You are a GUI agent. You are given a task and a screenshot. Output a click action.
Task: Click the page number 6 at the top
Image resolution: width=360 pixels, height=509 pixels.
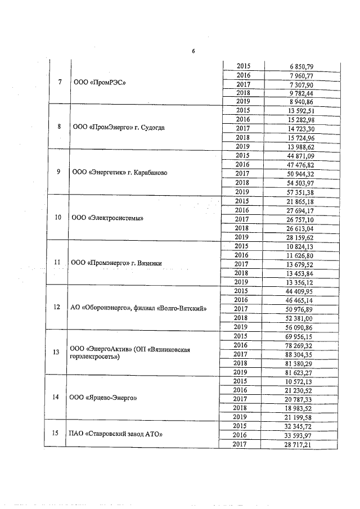tap(192, 52)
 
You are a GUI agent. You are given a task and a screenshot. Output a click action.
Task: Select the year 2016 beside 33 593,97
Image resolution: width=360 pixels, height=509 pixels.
tap(243, 435)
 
